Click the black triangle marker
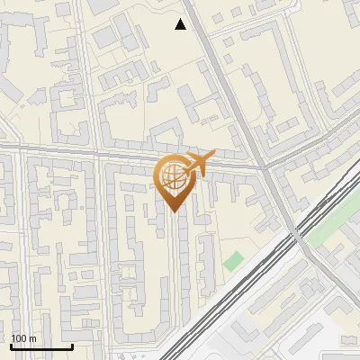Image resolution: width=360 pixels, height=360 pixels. tap(181, 24)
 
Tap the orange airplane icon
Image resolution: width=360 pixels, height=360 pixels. tap(197, 164)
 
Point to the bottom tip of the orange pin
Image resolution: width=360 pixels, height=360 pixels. tap(174, 211)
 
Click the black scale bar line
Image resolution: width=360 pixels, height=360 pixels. tap(40, 346)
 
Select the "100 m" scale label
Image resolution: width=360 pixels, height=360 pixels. tap(23, 338)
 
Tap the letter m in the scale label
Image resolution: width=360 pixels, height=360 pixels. tap(32, 338)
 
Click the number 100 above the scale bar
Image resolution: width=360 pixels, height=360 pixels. tap(19, 338)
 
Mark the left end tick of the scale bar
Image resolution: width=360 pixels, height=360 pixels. tap(10, 345)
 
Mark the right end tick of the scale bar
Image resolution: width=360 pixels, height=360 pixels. tap(72, 345)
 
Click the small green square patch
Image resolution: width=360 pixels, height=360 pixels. tap(234, 261)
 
